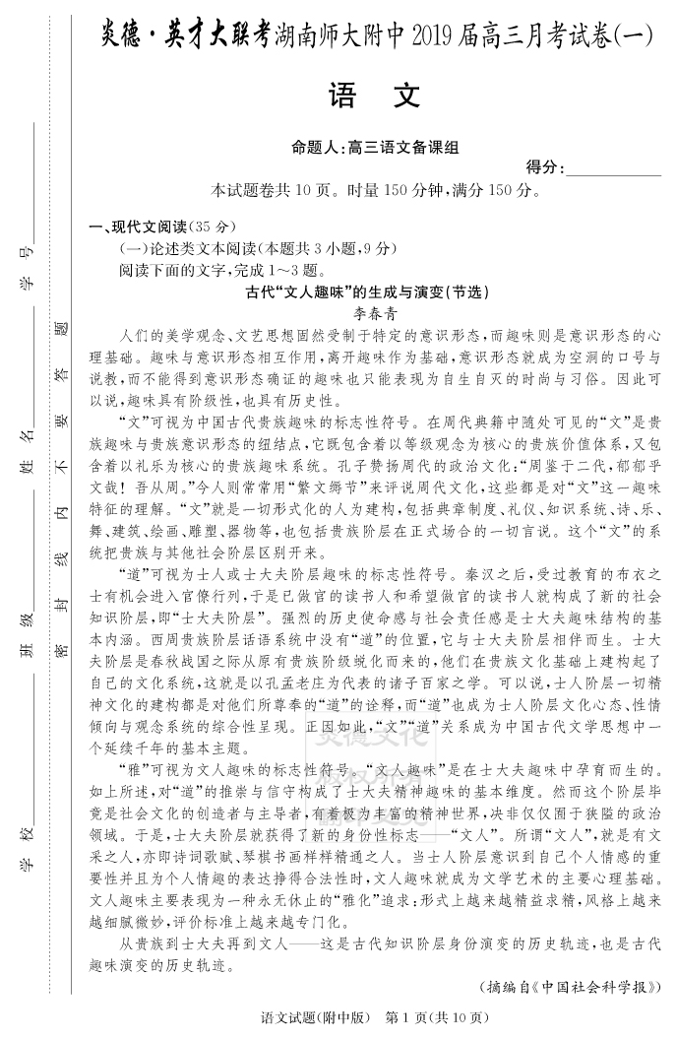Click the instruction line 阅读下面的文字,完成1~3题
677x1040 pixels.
pos(220,270)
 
